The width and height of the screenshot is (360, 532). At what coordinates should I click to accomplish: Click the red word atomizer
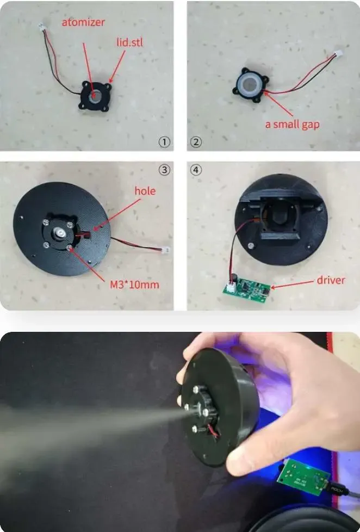83,22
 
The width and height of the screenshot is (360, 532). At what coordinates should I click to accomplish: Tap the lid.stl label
129,42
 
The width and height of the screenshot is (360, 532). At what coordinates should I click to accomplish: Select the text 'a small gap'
292,125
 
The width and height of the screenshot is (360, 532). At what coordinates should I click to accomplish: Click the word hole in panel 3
145,191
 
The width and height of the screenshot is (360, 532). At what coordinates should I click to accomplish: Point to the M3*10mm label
134,284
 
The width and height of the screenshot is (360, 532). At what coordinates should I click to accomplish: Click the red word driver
331,280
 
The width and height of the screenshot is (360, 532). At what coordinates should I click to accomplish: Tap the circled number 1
164,142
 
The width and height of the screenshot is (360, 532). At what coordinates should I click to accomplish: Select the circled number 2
196,142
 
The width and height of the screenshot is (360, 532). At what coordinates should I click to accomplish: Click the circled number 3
164,169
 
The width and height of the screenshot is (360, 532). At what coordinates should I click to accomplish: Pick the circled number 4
196,169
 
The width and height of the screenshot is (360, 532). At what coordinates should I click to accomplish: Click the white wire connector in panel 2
339,54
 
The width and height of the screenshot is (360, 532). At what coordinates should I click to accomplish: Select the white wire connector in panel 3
165,250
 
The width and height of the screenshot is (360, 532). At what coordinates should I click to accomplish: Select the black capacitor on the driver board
234,278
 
